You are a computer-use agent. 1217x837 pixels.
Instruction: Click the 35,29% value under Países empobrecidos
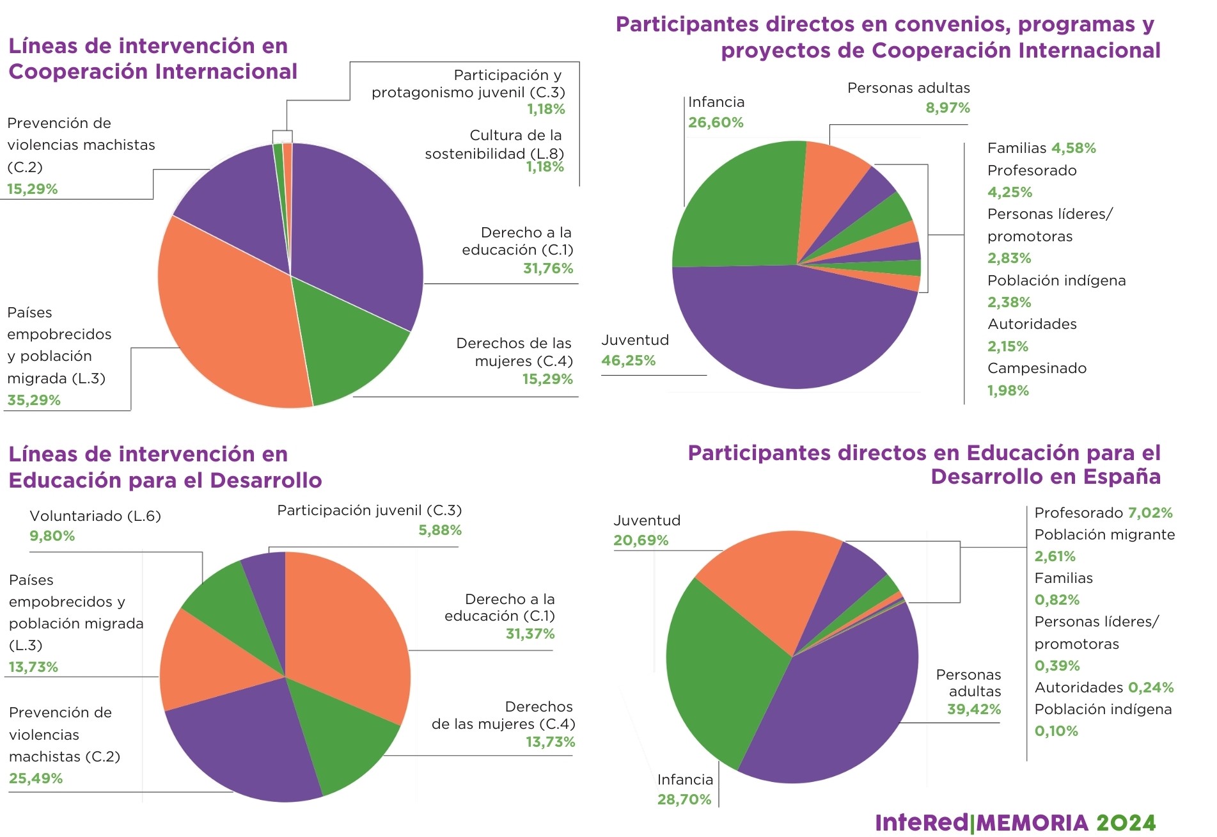click(x=34, y=401)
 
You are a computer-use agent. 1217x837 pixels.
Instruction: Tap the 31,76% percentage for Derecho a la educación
click(x=548, y=269)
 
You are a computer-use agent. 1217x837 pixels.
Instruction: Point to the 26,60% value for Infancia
click(x=716, y=123)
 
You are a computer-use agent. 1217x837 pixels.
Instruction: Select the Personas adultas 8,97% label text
click(x=908, y=88)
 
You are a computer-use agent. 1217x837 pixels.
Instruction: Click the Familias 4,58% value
click(x=1074, y=148)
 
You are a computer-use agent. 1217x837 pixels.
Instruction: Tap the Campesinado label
click(x=1037, y=369)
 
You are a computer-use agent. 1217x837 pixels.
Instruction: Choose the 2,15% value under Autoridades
click(x=1008, y=347)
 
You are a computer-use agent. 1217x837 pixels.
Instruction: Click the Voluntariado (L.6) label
click(x=95, y=516)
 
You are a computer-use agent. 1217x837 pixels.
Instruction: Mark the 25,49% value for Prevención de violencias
click(x=36, y=779)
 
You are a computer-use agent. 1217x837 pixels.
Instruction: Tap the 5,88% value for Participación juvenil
click(x=440, y=530)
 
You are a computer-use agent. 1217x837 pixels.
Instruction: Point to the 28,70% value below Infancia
click(x=684, y=800)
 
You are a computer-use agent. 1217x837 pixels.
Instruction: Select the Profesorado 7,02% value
click(x=1150, y=513)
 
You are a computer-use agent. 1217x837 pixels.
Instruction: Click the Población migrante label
click(x=1104, y=535)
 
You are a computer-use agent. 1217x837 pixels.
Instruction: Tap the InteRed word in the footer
click(x=922, y=823)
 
